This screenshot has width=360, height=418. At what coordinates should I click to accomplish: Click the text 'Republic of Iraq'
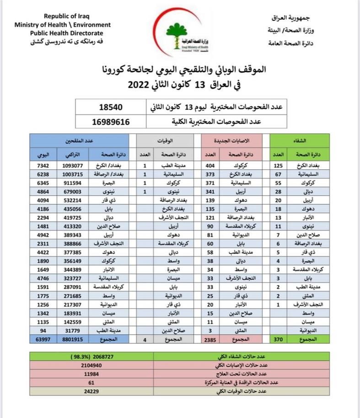63,16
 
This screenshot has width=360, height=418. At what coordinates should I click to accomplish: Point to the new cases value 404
210,165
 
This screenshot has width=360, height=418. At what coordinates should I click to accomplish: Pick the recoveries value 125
279,165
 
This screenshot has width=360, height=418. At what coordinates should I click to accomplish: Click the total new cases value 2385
210,339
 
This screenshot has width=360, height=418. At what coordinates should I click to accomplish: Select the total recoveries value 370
278,339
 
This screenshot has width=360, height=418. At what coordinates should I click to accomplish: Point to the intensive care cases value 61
91,382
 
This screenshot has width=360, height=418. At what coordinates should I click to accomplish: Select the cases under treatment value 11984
91,374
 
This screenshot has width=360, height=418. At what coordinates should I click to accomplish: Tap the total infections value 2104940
91,365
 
